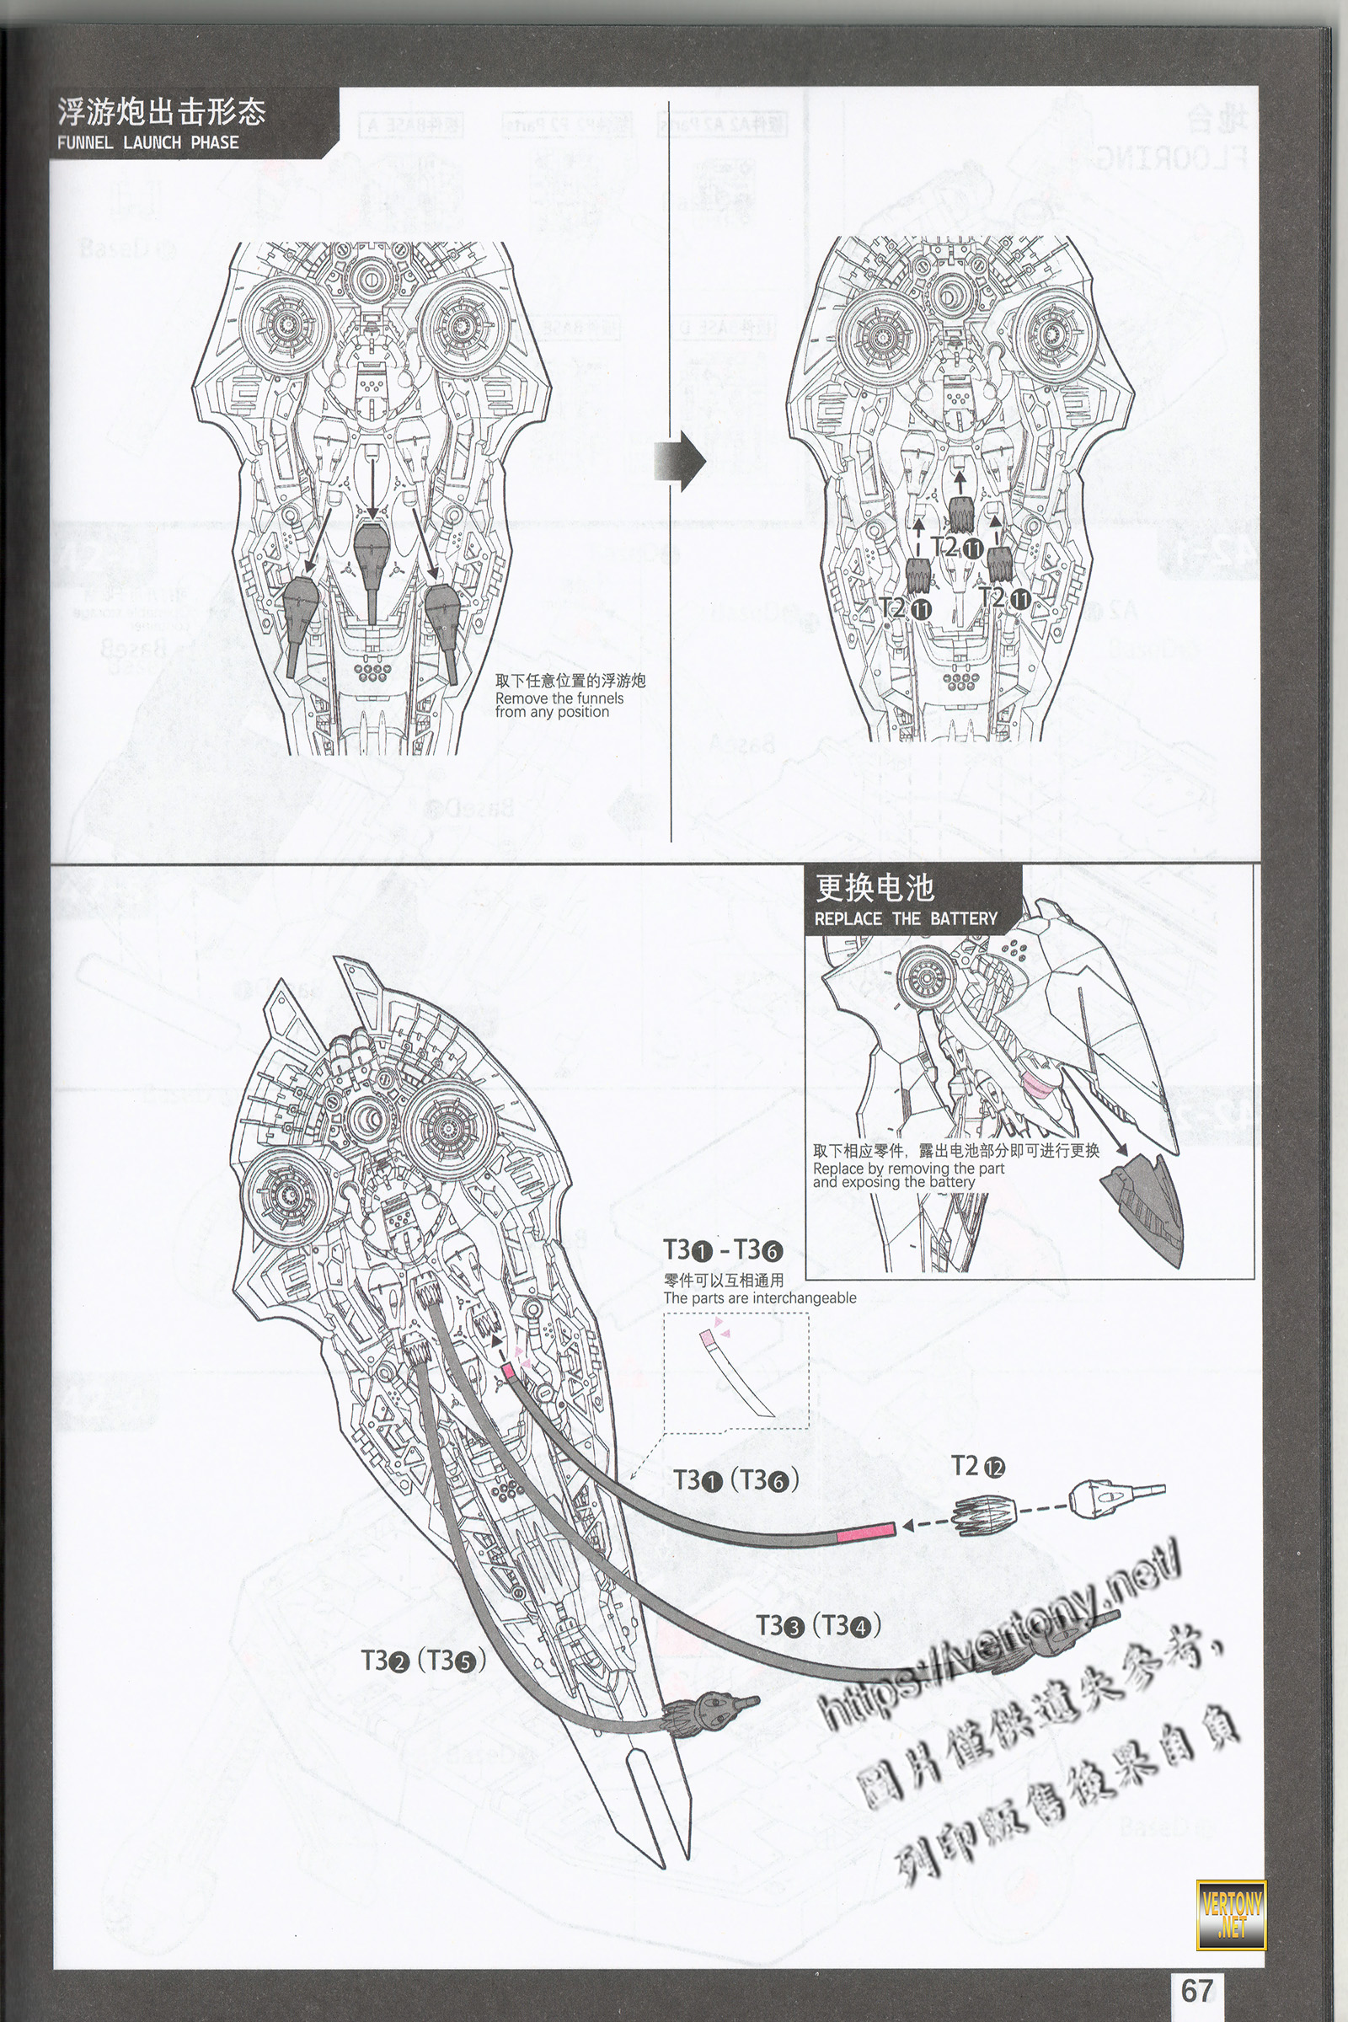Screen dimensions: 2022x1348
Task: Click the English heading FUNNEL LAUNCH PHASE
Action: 148,142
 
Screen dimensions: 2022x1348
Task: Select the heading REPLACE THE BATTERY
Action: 905,918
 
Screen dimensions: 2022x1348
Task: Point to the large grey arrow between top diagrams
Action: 680,460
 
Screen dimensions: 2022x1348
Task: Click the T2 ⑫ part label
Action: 977,1467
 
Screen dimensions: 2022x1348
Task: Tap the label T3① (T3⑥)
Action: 736,1480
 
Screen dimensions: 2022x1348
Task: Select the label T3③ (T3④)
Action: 818,1627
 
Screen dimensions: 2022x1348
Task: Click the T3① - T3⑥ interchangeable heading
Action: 722,1250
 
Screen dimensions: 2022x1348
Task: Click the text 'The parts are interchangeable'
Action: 759,1298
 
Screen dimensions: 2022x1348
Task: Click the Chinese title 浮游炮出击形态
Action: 161,112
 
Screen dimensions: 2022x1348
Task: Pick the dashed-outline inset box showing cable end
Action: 736,1371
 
